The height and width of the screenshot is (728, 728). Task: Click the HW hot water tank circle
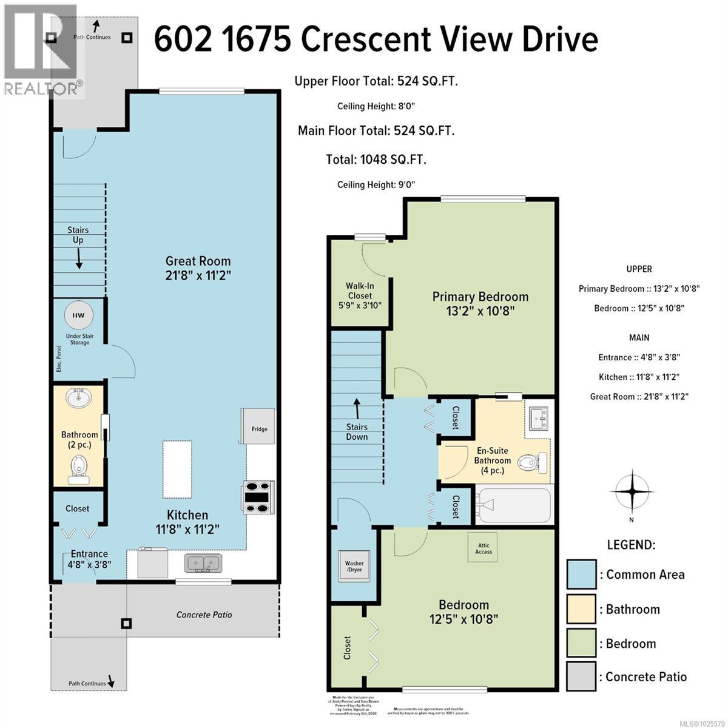tap(79, 315)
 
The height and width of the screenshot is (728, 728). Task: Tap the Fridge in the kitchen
tap(259, 425)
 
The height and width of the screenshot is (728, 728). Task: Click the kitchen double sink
tap(203, 563)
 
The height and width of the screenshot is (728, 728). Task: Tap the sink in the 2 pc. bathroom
tap(79, 399)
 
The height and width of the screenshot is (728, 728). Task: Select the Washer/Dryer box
tap(354, 566)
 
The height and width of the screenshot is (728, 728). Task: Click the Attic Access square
tap(484, 548)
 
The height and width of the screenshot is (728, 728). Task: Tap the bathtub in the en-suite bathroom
tap(513, 504)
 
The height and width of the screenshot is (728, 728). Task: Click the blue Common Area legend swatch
tap(581, 574)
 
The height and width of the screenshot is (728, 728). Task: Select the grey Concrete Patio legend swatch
tap(581, 677)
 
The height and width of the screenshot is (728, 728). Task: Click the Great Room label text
tap(198, 261)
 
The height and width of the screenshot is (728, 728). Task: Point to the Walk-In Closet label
tap(359, 295)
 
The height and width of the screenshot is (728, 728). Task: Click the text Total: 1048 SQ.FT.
tap(376, 160)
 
